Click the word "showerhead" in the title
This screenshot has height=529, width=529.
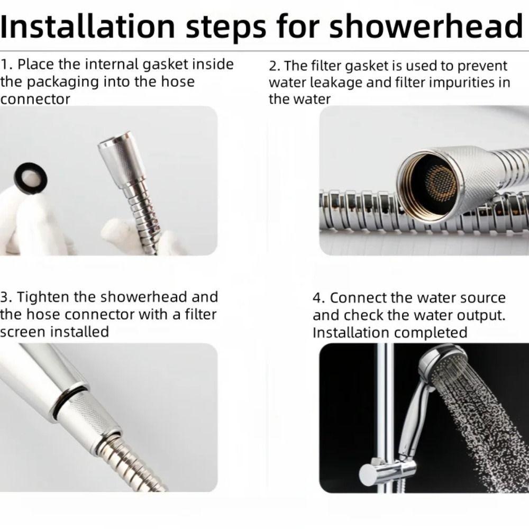click(426, 26)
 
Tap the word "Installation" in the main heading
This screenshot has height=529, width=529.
click(88, 26)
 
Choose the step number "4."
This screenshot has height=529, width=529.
click(319, 298)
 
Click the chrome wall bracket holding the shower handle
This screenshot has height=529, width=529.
click(388, 471)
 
